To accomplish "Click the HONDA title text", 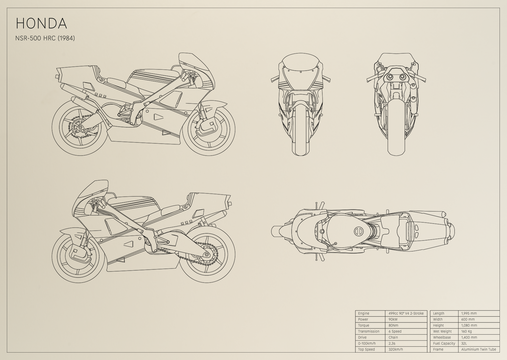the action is point(41,23).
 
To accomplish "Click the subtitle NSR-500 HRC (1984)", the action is point(45,38).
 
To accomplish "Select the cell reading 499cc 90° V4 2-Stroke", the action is point(406,313).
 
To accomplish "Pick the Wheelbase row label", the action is point(442,337).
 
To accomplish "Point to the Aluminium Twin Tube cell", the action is point(479,349).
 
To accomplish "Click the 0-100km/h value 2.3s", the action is point(392,343).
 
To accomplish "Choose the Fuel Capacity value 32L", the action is point(464,343).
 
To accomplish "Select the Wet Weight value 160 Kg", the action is point(466,331).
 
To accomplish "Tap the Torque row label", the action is point(363,325).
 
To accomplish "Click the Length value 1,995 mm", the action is point(469,313).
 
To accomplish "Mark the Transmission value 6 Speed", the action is point(395,331).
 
